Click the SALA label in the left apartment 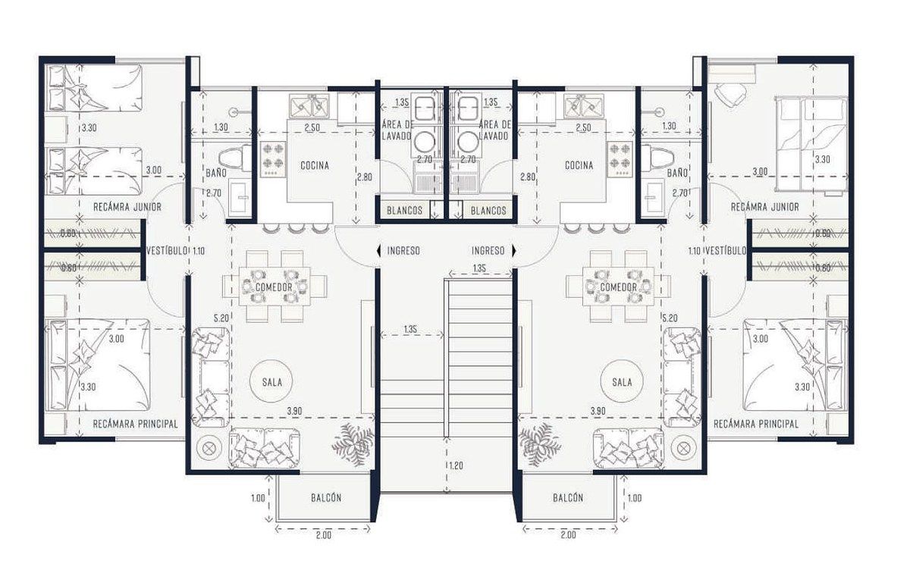(271, 382)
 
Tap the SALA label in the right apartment (622, 382)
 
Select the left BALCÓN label (326, 497)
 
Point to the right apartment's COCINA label (579, 165)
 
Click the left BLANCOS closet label (404, 211)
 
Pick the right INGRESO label (488, 251)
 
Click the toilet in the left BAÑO (235, 158)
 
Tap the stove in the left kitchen (272, 159)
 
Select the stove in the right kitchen (620, 159)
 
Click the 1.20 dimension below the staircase (457, 466)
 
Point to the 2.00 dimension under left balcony (324, 535)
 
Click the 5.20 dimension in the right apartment (670, 318)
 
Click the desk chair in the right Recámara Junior (730, 95)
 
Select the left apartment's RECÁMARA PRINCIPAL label (135, 424)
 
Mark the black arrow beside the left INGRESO (378, 251)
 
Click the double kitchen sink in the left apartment (309, 105)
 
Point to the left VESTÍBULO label (167, 251)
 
